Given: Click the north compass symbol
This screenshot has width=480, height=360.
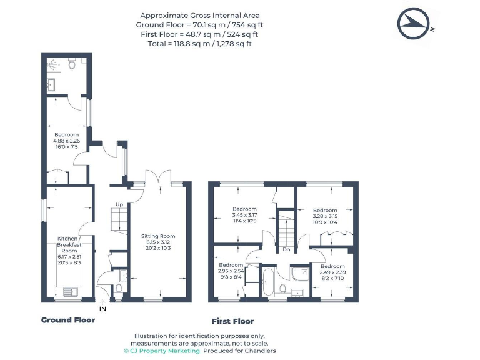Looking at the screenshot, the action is (x=412, y=23).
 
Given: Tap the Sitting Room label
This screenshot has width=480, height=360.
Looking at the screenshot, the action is (x=158, y=236).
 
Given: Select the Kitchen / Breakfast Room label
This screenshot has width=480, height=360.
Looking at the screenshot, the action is (x=69, y=244).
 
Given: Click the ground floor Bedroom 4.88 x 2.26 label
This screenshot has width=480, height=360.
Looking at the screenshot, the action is (x=66, y=141).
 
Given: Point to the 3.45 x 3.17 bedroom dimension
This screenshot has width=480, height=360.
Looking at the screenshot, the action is (x=244, y=215).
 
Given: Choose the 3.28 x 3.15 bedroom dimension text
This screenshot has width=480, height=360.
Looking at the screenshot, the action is (x=325, y=216).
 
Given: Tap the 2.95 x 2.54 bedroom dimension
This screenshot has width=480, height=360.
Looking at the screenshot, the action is (x=231, y=271).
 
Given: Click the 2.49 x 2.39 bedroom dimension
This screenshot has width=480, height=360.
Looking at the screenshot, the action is (x=332, y=272).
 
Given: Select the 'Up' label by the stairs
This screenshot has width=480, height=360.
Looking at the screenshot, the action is (x=119, y=204).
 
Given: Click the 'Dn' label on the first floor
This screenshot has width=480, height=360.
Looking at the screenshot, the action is (x=286, y=249).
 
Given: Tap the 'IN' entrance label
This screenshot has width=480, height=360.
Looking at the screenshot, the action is (x=102, y=309).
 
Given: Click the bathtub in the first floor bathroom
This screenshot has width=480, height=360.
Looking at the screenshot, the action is (x=269, y=282).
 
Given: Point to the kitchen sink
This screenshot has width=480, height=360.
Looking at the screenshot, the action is (x=71, y=292).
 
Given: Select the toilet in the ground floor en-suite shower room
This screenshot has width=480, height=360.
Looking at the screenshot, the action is (x=72, y=64).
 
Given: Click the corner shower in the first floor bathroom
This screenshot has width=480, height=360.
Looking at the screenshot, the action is (x=300, y=274).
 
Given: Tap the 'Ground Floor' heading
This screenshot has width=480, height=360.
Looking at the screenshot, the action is (x=68, y=320).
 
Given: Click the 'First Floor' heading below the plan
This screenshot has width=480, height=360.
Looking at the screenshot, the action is (x=232, y=321).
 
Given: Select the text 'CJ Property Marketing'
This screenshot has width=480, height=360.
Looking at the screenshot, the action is (x=165, y=351).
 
